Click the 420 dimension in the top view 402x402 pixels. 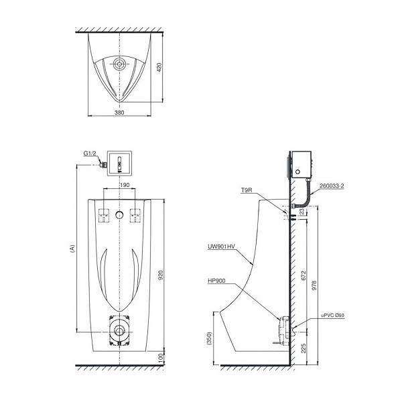click(x=159, y=67)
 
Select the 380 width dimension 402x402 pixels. click(x=119, y=113)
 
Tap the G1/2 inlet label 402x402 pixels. click(x=90, y=153)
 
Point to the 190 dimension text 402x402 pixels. click(x=125, y=185)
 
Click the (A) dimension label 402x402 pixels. click(x=72, y=249)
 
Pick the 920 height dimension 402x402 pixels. click(x=161, y=275)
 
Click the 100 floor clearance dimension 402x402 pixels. click(x=161, y=358)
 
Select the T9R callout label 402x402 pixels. click(x=247, y=190)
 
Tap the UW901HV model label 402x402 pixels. click(x=221, y=247)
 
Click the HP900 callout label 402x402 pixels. click(x=216, y=281)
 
